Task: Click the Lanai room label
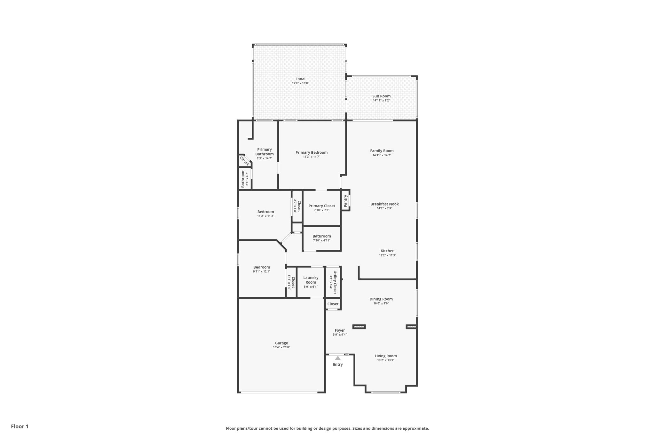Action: pos(300,79)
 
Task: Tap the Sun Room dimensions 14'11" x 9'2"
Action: pos(381,101)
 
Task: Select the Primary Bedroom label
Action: pos(312,152)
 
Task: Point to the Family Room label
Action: pos(382,151)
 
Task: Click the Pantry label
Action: pos(345,201)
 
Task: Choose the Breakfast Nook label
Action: pos(384,204)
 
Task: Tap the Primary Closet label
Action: pos(322,206)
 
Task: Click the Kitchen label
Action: pos(387,251)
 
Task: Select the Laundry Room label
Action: pos(311,280)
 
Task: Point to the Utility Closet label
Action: pos(335,282)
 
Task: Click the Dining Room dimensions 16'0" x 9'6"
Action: pos(381,303)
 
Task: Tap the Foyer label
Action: pos(340,330)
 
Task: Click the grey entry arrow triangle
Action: pos(338,358)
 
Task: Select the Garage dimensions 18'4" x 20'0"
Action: pos(281,347)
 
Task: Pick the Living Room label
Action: pos(386,356)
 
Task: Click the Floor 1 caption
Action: pos(20,426)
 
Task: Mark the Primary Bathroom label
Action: pos(264,152)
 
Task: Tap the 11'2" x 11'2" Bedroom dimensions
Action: pos(265,216)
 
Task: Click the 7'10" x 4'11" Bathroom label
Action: pos(322,236)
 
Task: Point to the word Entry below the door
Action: pos(338,365)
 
